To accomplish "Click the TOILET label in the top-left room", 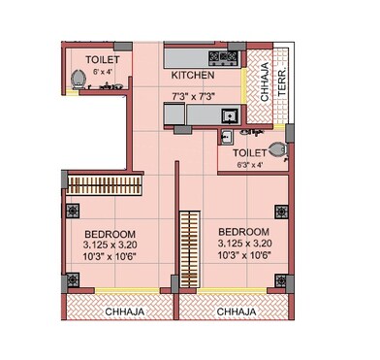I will click(x=97, y=60).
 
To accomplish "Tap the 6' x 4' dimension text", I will click(x=97, y=72).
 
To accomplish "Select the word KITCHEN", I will click(x=192, y=75).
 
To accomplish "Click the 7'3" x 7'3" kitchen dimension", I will click(x=192, y=96).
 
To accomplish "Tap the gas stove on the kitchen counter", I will click(x=226, y=57).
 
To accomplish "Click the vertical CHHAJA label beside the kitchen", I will click(x=265, y=82).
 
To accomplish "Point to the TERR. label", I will click(x=282, y=82).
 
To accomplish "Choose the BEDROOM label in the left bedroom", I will click(x=110, y=235).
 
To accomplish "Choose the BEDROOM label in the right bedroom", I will click(x=244, y=231).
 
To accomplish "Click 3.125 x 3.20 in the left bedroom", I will click(x=110, y=247).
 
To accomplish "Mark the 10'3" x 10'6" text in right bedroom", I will click(x=244, y=255).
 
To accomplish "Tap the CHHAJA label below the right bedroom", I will click(x=237, y=312).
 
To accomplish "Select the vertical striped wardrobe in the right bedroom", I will click(x=189, y=250).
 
